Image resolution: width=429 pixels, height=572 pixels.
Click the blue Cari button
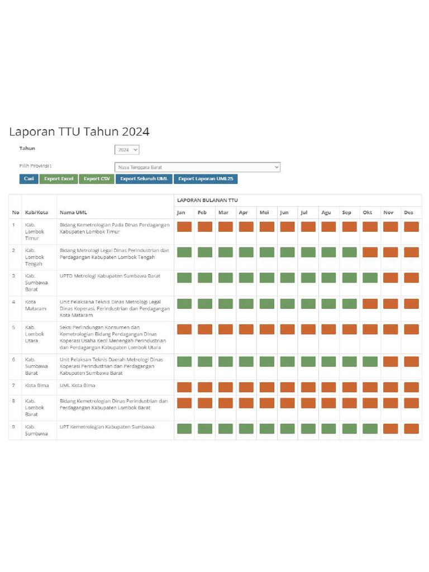(28, 179)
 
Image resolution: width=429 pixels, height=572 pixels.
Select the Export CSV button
(97, 179)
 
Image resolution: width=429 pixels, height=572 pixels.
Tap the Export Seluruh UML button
(144, 179)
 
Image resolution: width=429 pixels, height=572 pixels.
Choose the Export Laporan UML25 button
(206, 179)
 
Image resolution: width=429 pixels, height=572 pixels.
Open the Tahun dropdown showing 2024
(127, 150)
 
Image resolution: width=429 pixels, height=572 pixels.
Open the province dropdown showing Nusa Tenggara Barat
(197, 167)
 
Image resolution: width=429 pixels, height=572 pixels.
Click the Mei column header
(264, 213)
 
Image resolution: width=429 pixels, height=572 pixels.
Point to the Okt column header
(368, 213)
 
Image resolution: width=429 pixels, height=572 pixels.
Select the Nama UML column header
(73, 213)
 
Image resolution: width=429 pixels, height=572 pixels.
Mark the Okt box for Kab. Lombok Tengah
(370, 252)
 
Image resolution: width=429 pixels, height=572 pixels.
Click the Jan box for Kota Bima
(184, 387)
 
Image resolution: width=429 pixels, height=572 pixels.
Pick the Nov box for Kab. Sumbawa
(390, 428)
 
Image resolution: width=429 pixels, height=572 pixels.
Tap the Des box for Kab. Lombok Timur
(411, 227)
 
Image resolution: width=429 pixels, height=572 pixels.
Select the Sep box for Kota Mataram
(349, 303)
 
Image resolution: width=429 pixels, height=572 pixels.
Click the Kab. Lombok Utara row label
(35, 333)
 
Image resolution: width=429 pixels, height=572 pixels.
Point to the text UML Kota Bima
(78, 385)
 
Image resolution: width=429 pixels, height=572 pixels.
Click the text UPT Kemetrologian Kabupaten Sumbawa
(107, 427)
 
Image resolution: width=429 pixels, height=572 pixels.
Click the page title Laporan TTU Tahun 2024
(79, 132)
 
